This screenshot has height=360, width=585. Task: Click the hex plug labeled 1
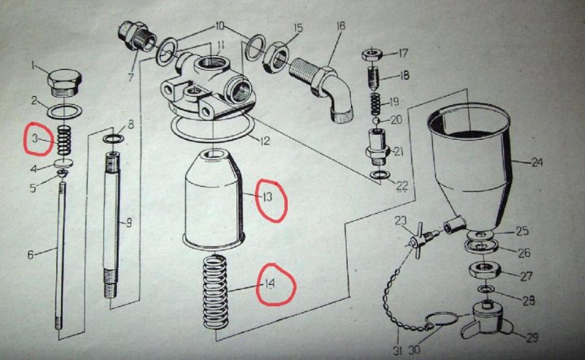(x=64, y=82)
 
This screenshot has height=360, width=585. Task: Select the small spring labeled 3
(x=64, y=140)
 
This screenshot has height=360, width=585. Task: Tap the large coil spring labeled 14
(x=214, y=292)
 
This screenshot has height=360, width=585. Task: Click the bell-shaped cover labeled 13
(x=214, y=198)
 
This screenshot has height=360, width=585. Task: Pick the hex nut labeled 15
(x=275, y=56)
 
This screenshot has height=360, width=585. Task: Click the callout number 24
(x=536, y=163)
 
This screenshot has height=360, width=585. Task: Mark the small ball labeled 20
(x=376, y=120)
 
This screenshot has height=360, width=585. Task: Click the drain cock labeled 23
(x=421, y=239)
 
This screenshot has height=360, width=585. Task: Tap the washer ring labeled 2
(x=65, y=111)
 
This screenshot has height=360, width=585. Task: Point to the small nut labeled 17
(x=373, y=54)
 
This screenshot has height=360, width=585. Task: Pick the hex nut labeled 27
(x=484, y=271)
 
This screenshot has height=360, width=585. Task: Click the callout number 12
(x=265, y=141)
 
